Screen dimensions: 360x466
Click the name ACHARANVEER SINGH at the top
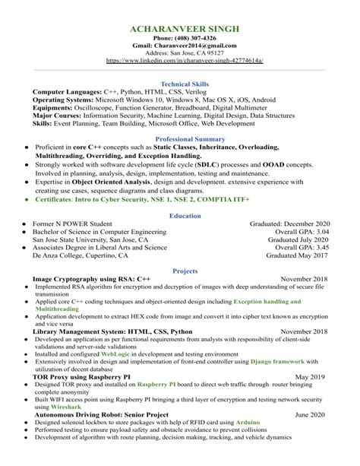click(180, 28)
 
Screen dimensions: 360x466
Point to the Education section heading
click(180, 215)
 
